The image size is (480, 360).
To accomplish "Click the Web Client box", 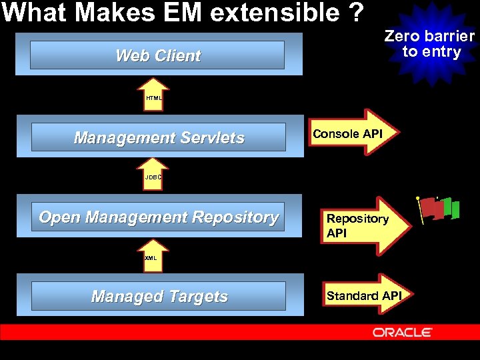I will pos(158,55).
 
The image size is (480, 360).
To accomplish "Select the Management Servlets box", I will pos(159,137).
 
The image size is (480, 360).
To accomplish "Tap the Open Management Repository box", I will pos(159,217).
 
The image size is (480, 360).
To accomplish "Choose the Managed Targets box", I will pos(159,297).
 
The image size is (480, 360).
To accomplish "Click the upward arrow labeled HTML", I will pos(154,95).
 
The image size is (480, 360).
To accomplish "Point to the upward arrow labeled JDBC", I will pos(154,174).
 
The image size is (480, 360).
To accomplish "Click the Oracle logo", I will pos(403,332).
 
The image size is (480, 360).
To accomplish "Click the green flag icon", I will pos(451,207).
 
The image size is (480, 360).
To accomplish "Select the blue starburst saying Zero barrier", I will pos(430,44).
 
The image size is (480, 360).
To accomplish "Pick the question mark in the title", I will pos(357,12).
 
